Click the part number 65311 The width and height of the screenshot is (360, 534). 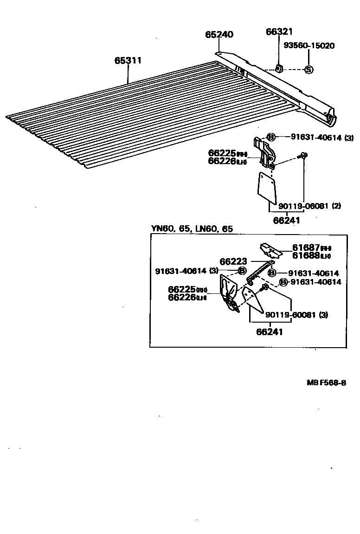pos(129,61)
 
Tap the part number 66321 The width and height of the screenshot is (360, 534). pos(279,32)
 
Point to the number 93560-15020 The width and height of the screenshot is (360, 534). pos(309,45)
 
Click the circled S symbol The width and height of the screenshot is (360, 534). pos(309,70)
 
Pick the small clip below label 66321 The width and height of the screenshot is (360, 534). pos(279,69)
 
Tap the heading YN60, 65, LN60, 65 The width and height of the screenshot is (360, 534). pos(192,229)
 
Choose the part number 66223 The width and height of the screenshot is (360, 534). pos(233,262)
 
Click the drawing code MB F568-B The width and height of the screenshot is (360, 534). pos(326,383)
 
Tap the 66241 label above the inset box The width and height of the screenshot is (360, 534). pos(286,221)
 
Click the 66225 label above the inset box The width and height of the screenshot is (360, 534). pos(222,153)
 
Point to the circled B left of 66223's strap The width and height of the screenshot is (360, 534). pos(242,271)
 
